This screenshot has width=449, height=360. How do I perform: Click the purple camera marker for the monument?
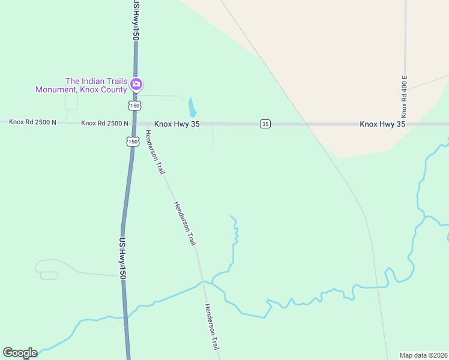[136, 84]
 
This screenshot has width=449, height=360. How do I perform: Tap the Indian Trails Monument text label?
[81, 85]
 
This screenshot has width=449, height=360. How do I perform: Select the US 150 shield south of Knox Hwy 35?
[131, 141]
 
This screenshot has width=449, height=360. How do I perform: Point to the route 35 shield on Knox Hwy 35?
[265, 124]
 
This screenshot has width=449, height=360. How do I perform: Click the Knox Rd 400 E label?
[405, 96]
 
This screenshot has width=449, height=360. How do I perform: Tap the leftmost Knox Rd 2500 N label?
[32, 122]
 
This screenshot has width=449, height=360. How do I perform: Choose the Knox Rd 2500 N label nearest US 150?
[104, 123]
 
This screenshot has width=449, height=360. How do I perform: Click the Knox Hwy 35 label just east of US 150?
[176, 124]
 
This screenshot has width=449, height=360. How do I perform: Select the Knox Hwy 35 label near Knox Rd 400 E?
[382, 124]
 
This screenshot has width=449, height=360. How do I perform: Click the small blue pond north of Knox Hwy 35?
[192, 107]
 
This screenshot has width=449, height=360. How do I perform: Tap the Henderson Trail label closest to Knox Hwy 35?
[155, 152]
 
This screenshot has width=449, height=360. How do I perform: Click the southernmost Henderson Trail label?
[212, 327]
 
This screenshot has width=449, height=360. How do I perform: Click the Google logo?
[20, 353]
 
